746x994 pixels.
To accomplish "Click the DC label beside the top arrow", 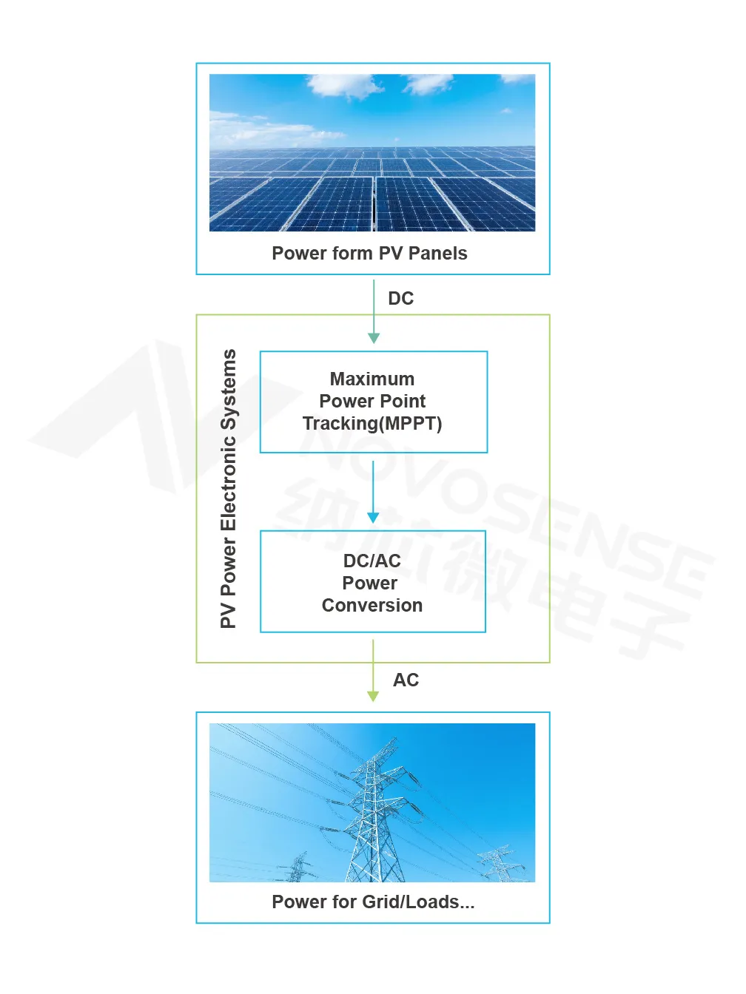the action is click(x=401, y=299).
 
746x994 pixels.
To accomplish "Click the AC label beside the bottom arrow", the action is click(x=406, y=680).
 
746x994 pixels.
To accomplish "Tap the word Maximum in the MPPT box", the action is click(x=372, y=379).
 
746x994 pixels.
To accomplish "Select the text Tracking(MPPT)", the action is click(x=372, y=424).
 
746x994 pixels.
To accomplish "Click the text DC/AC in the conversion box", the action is click(x=372, y=561).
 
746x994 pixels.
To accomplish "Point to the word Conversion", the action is click(x=372, y=606).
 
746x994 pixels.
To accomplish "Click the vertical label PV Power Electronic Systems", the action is click(x=228, y=489).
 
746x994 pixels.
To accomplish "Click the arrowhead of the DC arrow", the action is click(x=374, y=338).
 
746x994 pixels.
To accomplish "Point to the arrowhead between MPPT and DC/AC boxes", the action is click(x=373, y=518).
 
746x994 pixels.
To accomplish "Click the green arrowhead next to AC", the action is click(x=373, y=696).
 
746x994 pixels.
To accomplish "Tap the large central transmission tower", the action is click(x=375, y=811).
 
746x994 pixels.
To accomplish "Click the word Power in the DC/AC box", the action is click(x=369, y=584).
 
